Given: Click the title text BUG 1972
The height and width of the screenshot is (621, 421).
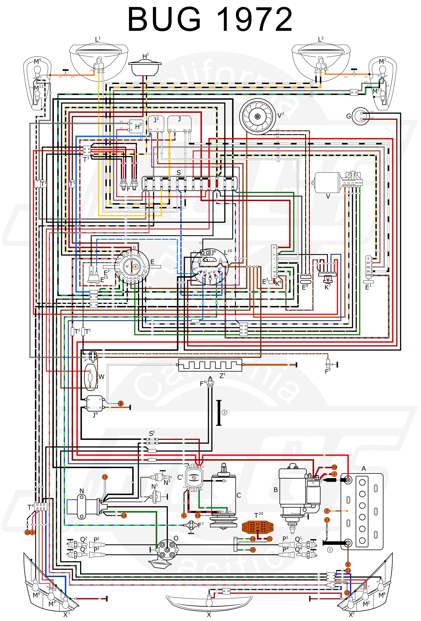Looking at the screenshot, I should [210, 20].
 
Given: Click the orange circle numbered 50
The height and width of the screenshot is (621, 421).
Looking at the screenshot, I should [334, 467].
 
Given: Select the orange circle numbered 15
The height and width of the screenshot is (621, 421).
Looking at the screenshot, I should [105, 477].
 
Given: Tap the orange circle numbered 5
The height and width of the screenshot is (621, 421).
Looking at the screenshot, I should [121, 403].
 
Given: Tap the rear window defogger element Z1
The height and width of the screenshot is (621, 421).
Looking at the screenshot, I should [210, 365].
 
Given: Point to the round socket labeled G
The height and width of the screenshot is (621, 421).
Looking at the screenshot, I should [360, 116].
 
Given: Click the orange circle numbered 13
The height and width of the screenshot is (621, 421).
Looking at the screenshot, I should [124, 515].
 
